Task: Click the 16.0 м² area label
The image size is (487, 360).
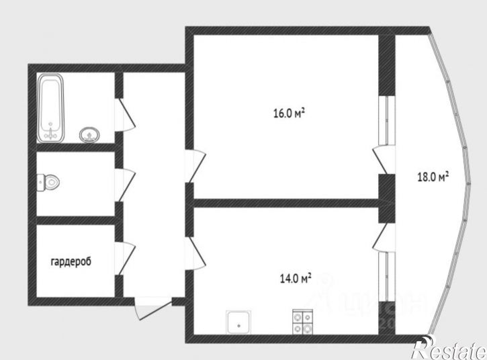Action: [289, 114]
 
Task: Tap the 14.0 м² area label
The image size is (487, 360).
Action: [295, 277]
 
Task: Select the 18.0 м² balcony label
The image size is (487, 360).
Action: [433, 177]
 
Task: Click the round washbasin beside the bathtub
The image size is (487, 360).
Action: [88, 135]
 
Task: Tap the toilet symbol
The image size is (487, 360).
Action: [49, 181]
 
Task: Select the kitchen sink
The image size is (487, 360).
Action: [239, 323]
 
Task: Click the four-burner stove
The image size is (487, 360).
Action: [302, 323]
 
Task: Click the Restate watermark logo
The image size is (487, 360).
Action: [448, 348]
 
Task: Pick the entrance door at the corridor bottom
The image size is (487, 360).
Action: [151, 310]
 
